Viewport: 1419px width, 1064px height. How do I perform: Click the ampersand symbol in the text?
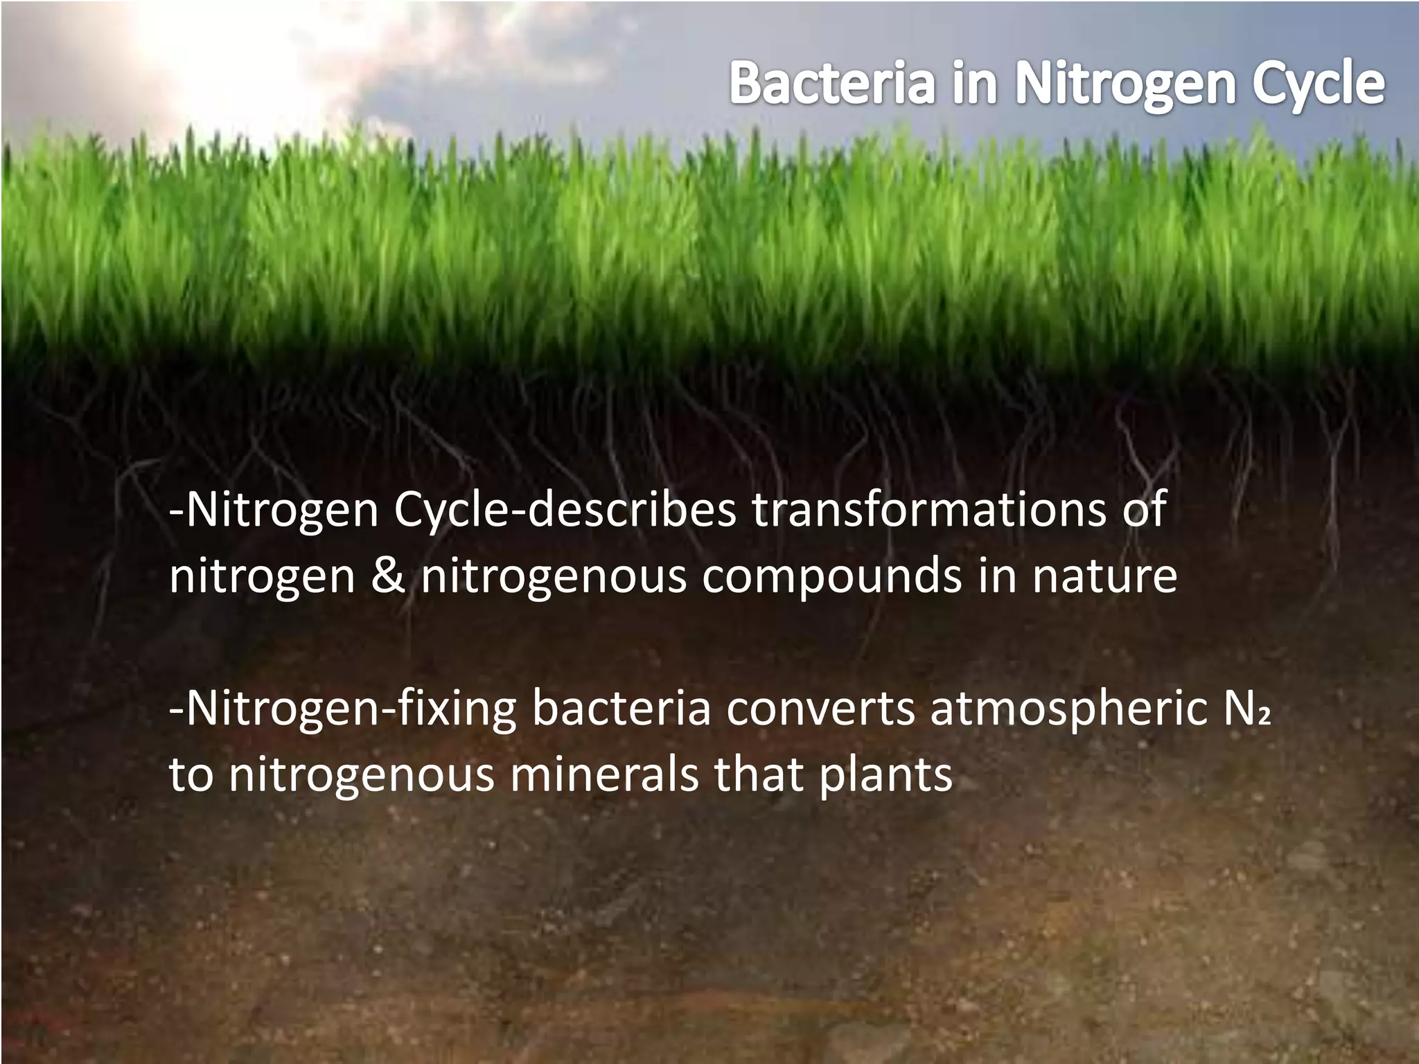click(x=387, y=576)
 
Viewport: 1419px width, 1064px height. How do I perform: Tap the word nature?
click(x=1104, y=576)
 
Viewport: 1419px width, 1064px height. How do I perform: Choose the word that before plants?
click(x=759, y=774)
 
